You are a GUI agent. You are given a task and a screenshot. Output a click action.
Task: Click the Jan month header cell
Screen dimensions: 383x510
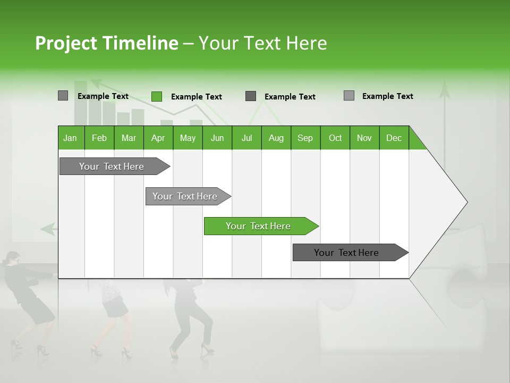point(71,138)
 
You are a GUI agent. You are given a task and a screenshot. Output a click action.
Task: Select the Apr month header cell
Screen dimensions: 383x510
point(158,138)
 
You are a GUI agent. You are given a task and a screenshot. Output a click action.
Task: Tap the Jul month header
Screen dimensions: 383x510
point(246,138)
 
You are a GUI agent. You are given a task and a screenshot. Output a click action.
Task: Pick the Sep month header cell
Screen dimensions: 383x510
point(305,138)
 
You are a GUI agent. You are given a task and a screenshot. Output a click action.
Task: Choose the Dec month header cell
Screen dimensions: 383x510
point(394,138)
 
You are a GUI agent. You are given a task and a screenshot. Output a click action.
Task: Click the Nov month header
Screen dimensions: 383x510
point(364,138)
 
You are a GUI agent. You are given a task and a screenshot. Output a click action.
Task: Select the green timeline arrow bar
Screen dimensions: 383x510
point(260,226)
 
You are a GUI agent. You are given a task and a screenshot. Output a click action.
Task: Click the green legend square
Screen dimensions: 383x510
point(156,96)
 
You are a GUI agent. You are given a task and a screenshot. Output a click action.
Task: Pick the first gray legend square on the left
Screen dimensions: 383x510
point(63,96)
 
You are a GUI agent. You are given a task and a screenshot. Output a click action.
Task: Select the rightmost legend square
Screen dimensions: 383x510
point(348,96)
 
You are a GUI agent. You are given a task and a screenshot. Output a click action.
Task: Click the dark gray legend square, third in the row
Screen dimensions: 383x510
point(251,96)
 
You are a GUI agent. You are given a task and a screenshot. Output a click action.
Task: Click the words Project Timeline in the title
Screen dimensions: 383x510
point(106,43)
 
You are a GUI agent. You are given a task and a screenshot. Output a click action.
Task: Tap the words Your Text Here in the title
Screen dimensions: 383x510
point(262,43)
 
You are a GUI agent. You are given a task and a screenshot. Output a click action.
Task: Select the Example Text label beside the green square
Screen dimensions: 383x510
point(196,97)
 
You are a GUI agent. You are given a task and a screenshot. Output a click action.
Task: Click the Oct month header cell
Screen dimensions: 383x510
point(335,138)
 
